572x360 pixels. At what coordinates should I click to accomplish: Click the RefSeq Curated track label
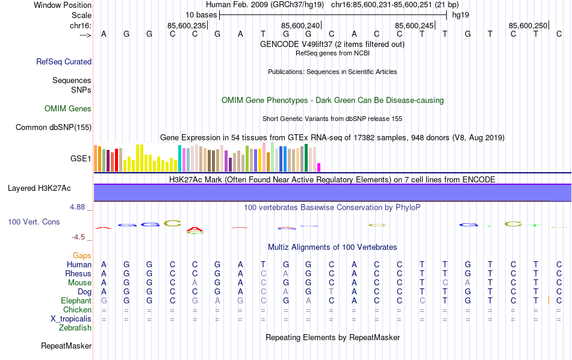(64, 61)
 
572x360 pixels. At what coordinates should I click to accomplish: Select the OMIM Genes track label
(68, 108)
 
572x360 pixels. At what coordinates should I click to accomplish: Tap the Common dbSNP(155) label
(54, 127)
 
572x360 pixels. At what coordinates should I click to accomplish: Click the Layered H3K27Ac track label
(39, 188)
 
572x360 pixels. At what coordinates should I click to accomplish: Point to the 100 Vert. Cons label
(34, 222)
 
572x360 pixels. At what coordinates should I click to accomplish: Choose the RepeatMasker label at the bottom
(66, 346)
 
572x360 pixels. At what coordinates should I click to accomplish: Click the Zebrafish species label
(75, 328)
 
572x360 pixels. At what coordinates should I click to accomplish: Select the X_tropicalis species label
(71, 318)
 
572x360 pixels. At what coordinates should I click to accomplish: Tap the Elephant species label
(76, 300)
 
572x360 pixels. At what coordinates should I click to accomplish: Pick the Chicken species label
(77, 309)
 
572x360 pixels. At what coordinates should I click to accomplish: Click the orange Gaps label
(82, 256)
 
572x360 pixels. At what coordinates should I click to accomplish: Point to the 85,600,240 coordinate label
(300, 25)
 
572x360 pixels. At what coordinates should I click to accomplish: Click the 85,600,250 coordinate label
(528, 25)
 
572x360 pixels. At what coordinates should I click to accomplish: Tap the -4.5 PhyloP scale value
(78, 237)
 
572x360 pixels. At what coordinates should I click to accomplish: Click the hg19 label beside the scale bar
(461, 14)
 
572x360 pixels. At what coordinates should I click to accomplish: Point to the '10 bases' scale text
(201, 14)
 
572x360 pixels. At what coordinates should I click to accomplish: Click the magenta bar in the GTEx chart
(319, 167)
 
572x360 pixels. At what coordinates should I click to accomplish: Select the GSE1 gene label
(81, 159)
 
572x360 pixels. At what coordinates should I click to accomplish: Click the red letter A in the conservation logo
(194, 229)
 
